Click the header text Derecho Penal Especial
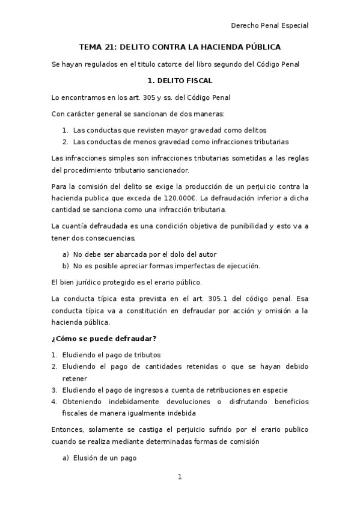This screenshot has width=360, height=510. [x=269, y=25]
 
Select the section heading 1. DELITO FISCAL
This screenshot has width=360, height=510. [x=180, y=80]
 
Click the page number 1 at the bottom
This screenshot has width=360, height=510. [x=179, y=477]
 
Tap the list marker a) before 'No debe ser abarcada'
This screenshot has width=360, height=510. [x=66, y=254]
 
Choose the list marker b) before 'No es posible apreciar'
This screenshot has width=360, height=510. [x=66, y=266]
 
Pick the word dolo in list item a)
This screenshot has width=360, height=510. [x=174, y=254]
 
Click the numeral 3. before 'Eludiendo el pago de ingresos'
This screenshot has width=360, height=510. [x=54, y=390]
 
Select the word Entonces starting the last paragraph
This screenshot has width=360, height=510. [x=69, y=430]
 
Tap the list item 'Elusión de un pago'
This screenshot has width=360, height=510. [x=105, y=458]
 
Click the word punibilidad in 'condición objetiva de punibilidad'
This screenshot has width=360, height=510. [x=241, y=226]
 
